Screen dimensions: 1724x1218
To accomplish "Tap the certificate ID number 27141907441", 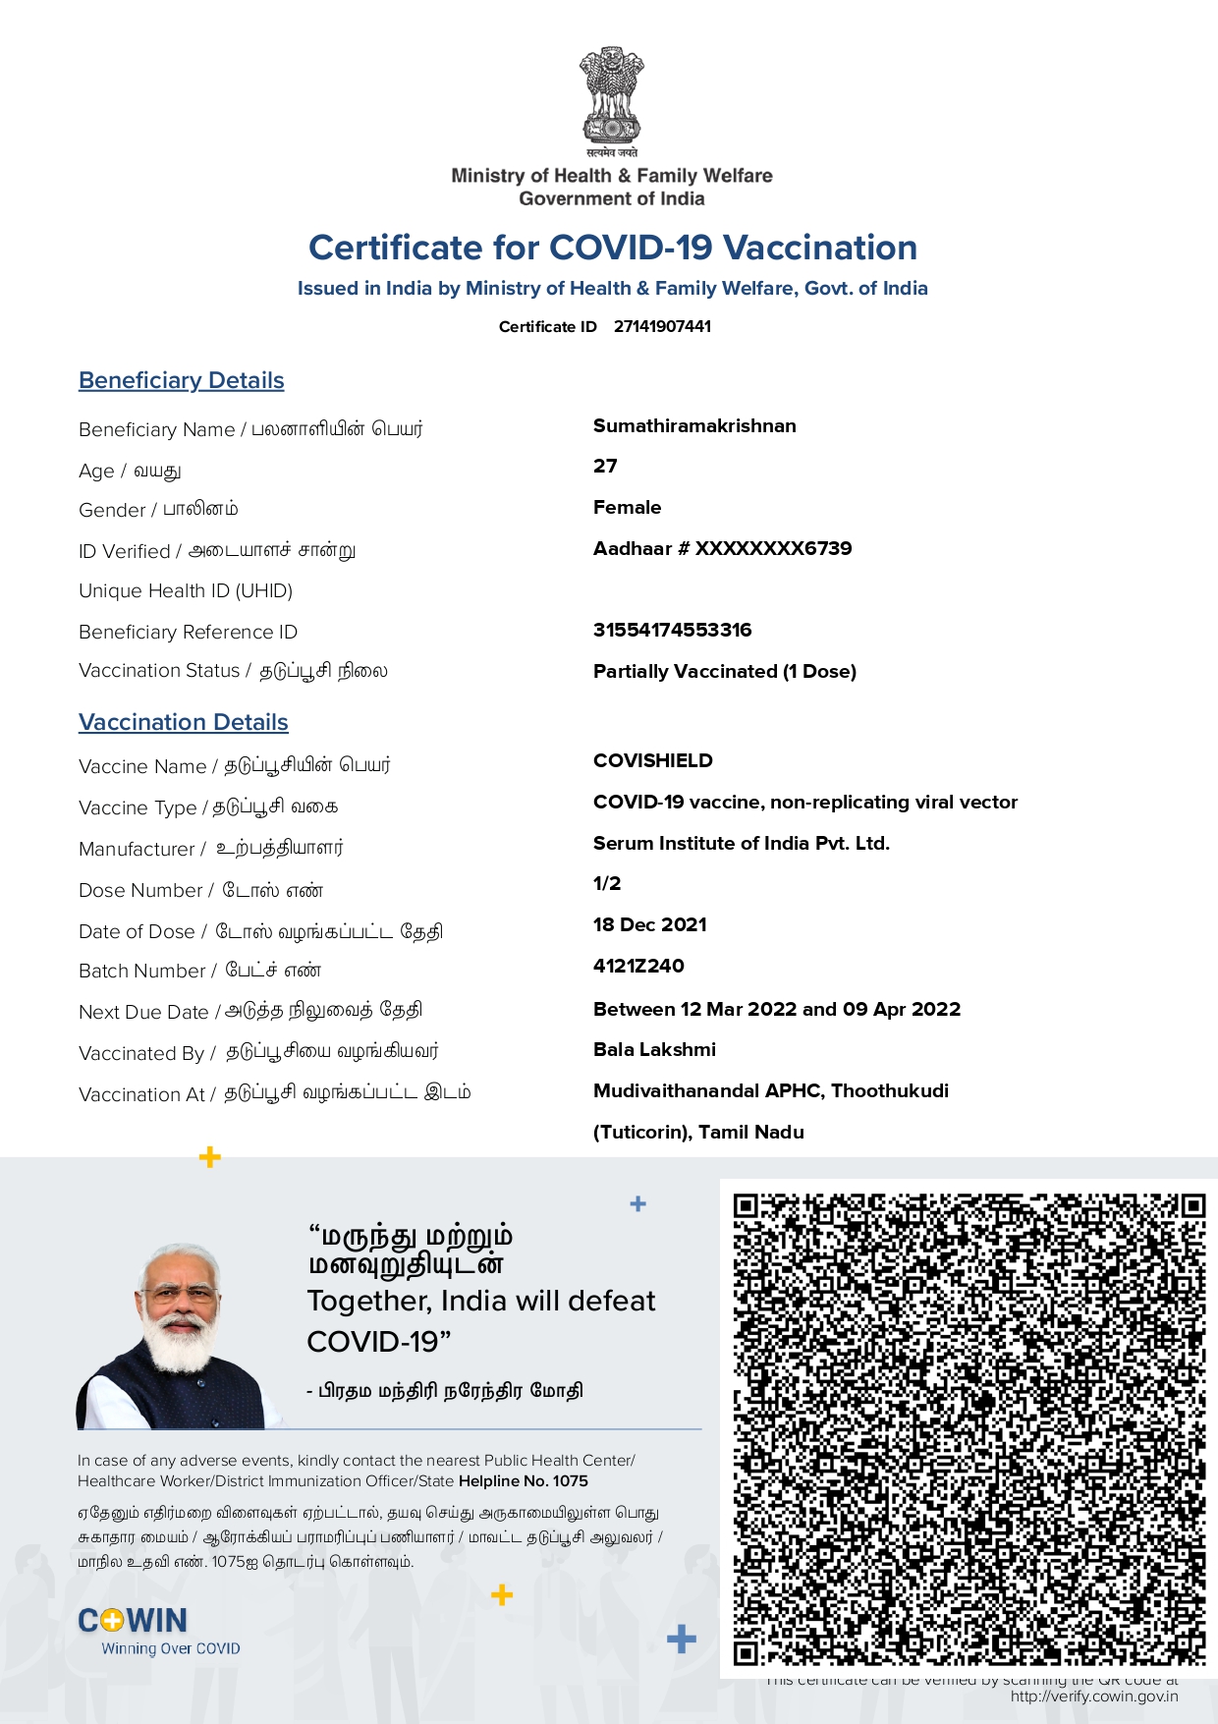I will pyautogui.click(x=662, y=326).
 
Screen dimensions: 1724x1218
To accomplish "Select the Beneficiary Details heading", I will pyautogui.click(x=182, y=380).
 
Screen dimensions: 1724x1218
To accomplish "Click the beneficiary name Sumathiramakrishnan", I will pyautogui.click(x=694, y=426).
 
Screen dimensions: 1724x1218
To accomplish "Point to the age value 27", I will pyautogui.click(x=605, y=467).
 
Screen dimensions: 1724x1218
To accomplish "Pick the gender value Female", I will pyautogui.click(x=627, y=508).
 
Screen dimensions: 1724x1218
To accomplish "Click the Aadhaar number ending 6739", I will pyautogui.click(x=722, y=549).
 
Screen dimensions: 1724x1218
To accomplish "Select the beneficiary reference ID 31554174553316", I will pyautogui.click(x=672, y=631).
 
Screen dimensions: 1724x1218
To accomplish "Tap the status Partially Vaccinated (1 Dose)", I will pyautogui.click(x=724, y=672).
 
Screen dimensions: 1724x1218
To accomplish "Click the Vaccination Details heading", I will pyautogui.click(x=184, y=722).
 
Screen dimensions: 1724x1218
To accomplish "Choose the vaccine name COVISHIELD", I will pyautogui.click(x=652, y=761).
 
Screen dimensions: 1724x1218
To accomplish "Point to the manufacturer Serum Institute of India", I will pyautogui.click(x=741, y=844).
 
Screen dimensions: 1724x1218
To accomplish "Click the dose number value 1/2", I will pyautogui.click(x=607, y=884).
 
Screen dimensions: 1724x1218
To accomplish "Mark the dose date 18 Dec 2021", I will pyautogui.click(x=649, y=925).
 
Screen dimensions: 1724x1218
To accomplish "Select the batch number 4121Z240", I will pyautogui.click(x=638, y=967).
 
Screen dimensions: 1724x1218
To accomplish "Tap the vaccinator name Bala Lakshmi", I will pyautogui.click(x=654, y=1050).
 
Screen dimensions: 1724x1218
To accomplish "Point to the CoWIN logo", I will pyautogui.click(x=134, y=1621).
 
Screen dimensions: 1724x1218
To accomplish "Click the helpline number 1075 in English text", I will pyautogui.click(x=570, y=1481).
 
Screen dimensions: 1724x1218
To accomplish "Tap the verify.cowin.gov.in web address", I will pyautogui.click(x=1093, y=1696).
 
